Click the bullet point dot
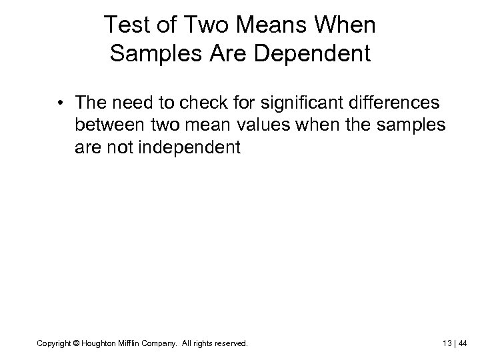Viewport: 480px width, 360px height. click(x=60, y=103)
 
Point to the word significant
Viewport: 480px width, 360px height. click(x=255, y=103)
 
